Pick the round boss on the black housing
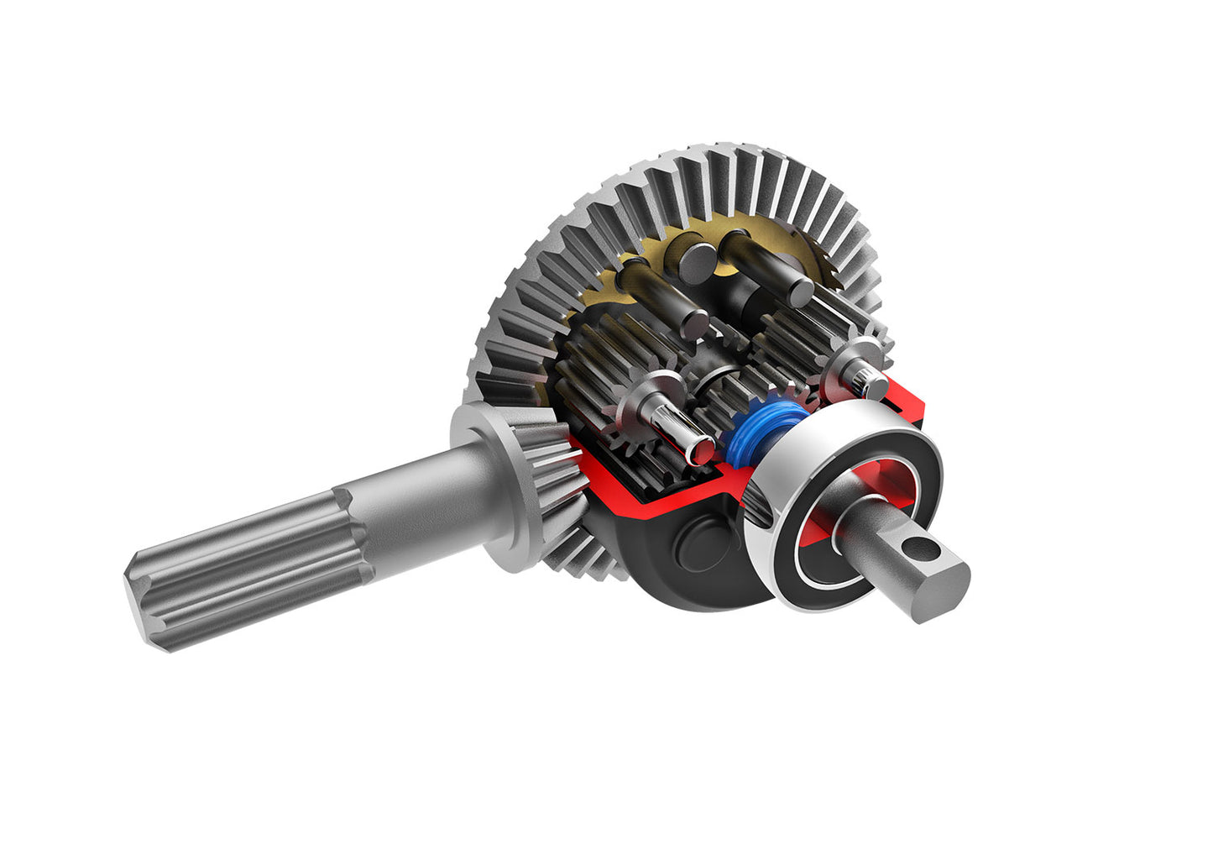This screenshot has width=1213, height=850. coord(703,543)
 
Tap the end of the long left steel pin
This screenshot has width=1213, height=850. coord(696,323)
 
